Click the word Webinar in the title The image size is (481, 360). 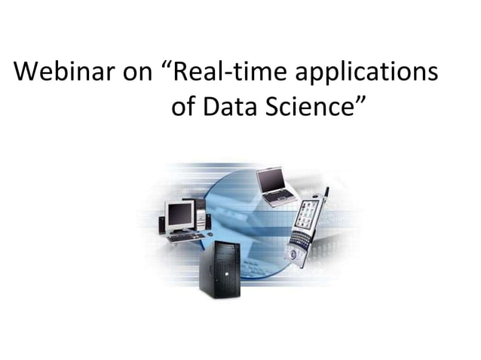(64, 73)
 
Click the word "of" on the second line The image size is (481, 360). (184, 110)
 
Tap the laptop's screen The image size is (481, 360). (269, 179)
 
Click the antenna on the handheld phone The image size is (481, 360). (326, 194)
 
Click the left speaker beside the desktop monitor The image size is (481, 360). (161, 224)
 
